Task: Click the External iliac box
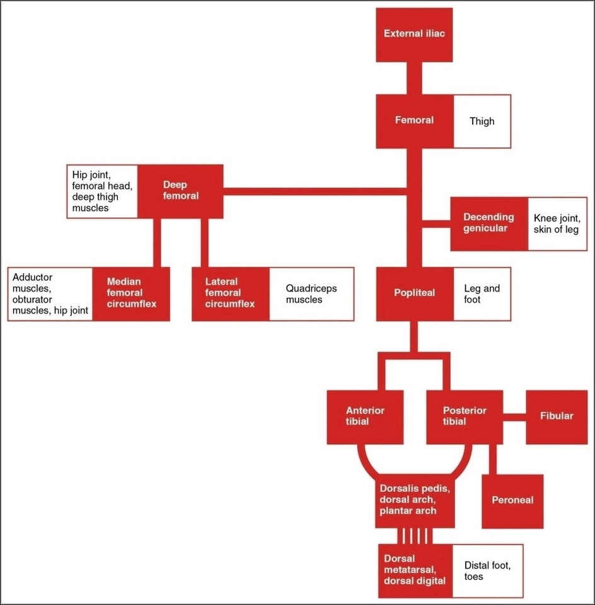tap(414, 35)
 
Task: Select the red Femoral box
tap(414, 120)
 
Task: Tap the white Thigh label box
tap(482, 121)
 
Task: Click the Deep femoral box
tap(181, 191)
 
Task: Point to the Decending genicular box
tap(488, 223)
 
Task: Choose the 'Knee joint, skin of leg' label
tap(556, 223)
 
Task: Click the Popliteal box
tap(414, 294)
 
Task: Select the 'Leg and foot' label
tap(482, 294)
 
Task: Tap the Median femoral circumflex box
tap(131, 294)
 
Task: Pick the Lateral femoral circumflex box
tap(230, 294)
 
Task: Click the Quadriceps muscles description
tap(311, 294)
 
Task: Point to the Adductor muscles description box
tap(50, 294)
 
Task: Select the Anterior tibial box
tap(365, 416)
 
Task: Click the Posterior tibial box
tap(465, 416)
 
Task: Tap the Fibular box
tap(557, 416)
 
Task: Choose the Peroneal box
tap(512, 501)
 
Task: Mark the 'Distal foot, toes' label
tap(487, 571)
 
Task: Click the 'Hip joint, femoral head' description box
tap(102, 191)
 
